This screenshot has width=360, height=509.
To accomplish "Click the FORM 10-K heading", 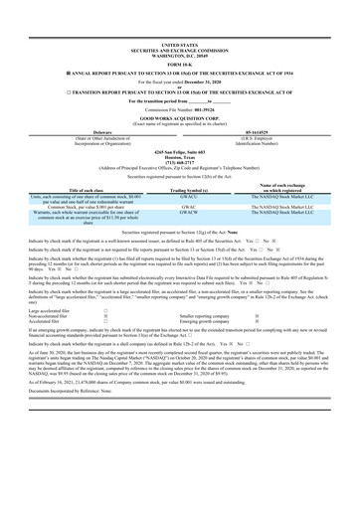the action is [179, 38].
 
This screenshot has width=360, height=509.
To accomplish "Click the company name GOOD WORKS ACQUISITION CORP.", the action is [179, 101].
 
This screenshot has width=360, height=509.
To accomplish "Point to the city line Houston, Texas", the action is [179, 135].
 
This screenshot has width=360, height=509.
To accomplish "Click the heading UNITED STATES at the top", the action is [179, 18].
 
